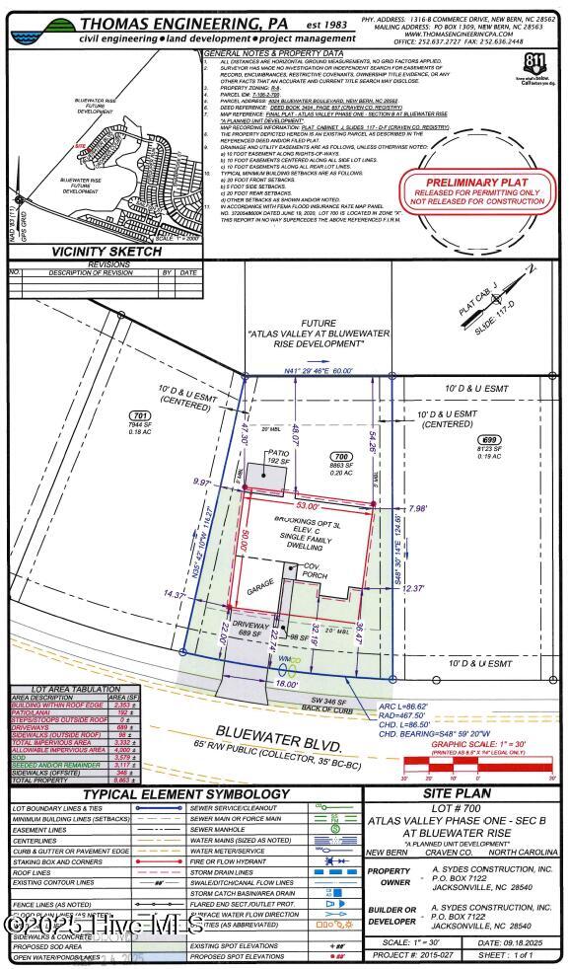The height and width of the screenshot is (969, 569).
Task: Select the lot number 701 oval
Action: click(140, 415)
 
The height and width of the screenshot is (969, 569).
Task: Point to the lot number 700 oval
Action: click(342, 458)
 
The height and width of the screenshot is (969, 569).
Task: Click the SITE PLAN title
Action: click(463, 794)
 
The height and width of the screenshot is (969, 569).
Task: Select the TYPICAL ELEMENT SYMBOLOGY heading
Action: click(185, 794)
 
